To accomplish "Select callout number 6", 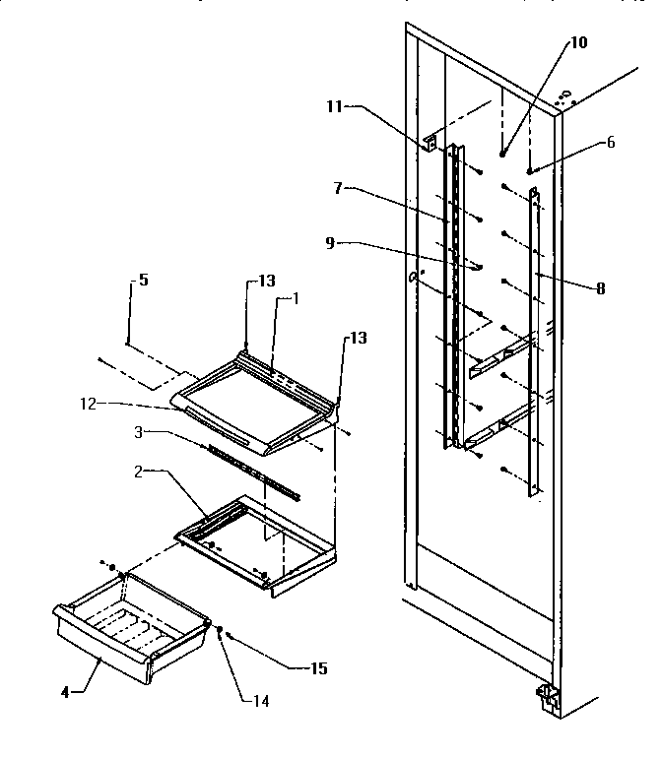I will click(611, 142).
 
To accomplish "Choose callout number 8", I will click(600, 288).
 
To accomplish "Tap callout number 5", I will click(143, 280).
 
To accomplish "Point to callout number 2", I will click(141, 472).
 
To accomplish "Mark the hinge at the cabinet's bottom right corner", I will click(547, 698).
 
